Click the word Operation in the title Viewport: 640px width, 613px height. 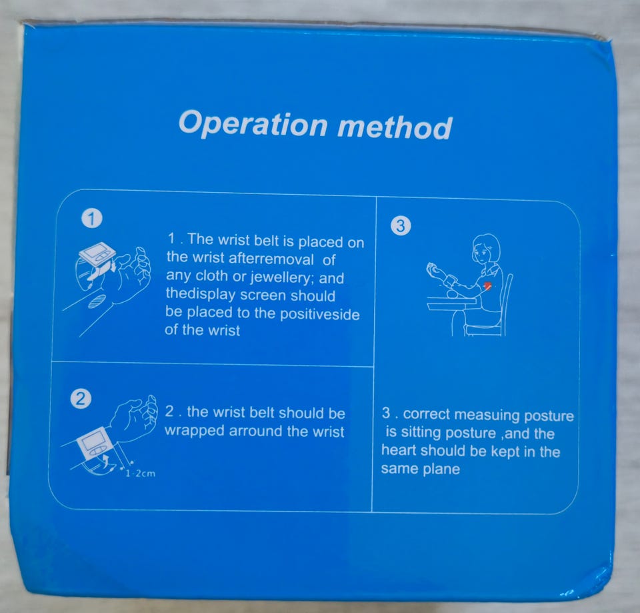coord(253,123)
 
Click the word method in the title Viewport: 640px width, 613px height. coord(395,127)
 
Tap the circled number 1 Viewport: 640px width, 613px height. coord(92,219)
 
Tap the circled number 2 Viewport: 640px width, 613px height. coord(81,399)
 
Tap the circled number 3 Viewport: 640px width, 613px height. coord(401,225)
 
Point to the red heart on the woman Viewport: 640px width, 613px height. coord(487,286)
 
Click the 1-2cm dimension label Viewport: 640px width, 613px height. coord(141,474)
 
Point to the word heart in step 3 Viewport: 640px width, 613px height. coord(399,450)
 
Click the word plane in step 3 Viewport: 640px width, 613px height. coord(441,469)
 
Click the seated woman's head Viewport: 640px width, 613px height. coord(486,248)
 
